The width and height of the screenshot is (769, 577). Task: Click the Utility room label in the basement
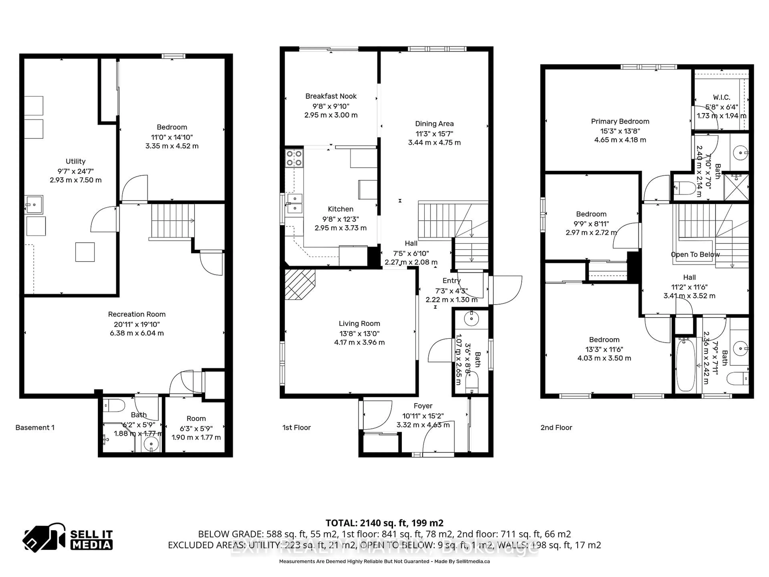coord(75,161)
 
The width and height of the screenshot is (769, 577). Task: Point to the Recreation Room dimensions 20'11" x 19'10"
coord(137,324)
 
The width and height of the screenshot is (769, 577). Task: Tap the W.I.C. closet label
coord(721,97)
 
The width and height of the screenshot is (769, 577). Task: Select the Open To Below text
coord(695,254)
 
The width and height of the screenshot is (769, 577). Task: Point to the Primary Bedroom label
coord(620,121)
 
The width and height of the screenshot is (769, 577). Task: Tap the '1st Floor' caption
coord(296,428)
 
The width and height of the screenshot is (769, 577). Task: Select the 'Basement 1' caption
coord(35,428)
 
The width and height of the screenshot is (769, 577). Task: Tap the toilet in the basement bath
coord(115,405)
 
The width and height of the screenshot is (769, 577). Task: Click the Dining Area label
coord(434,123)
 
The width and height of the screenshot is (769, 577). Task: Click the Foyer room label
coord(423,406)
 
